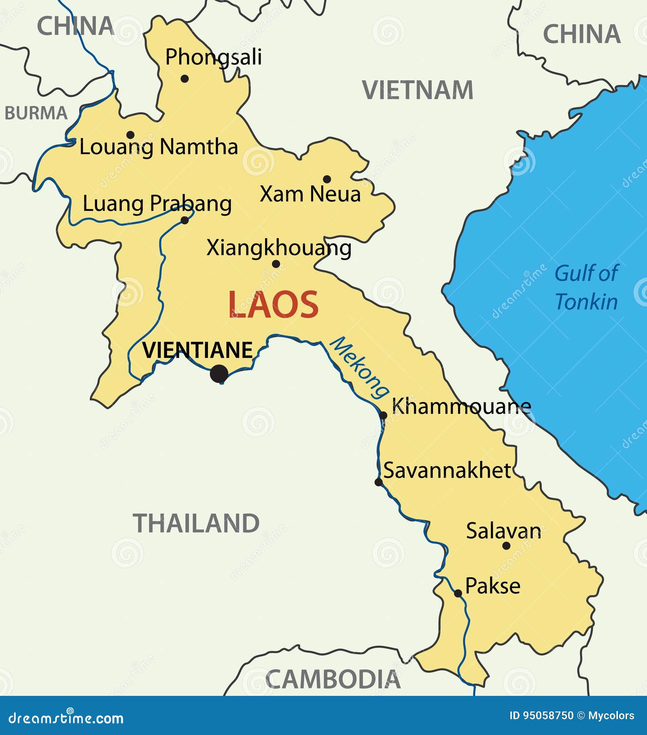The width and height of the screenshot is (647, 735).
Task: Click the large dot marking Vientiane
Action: tap(219, 374)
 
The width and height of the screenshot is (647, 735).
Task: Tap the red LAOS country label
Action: tap(273, 305)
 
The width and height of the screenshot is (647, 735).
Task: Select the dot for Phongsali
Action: tap(184, 79)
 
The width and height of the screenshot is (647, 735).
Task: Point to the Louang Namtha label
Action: tap(158, 147)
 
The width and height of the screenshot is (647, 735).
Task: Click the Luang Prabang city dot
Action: tap(184, 220)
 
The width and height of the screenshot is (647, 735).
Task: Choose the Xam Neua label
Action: tap(310, 194)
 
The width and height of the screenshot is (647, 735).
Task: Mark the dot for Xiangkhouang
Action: tap(276, 264)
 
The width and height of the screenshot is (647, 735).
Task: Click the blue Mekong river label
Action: tap(359, 367)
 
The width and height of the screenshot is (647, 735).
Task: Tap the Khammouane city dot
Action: tap(383, 415)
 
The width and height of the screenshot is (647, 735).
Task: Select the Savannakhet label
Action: tap(447, 471)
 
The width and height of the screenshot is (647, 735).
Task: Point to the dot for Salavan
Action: tap(506, 545)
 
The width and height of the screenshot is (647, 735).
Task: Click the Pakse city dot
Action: tap(458, 593)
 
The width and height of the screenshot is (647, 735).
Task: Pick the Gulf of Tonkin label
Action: tap(586, 287)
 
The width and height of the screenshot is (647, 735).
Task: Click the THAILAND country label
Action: tap(196, 523)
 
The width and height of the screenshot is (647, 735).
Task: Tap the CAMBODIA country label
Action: tap(333, 679)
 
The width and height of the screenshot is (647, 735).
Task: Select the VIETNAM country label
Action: tap(418, 90)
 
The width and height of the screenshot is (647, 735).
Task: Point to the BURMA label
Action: tap(36, 114)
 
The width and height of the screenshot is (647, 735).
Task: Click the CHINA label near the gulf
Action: tap(582, 34)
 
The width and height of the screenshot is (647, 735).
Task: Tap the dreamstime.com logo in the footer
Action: tap(66, 718)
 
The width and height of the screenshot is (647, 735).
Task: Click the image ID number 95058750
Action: tap(548, 715)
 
